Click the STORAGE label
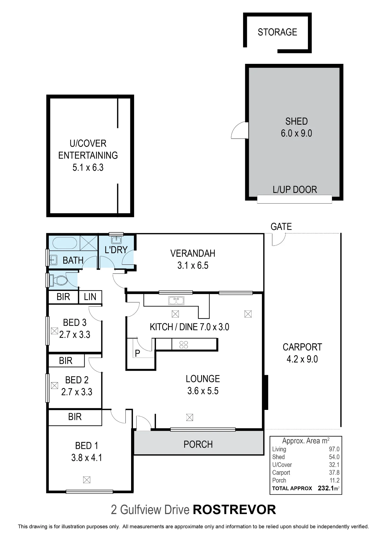277,32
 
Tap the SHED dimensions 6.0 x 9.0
296,133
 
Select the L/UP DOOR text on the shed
295,190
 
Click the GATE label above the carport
281,227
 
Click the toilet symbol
58,280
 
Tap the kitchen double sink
176,301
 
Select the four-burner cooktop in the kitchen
184,344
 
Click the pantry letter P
137,353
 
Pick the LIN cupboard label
90,297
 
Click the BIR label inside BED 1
75,417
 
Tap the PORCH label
198,444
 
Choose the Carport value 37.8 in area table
334,472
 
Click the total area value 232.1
326,488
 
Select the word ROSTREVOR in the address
235,510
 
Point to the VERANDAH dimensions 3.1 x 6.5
193,265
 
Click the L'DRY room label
116,250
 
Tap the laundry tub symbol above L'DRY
116,240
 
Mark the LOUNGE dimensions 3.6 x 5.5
203,391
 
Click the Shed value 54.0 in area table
334,457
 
